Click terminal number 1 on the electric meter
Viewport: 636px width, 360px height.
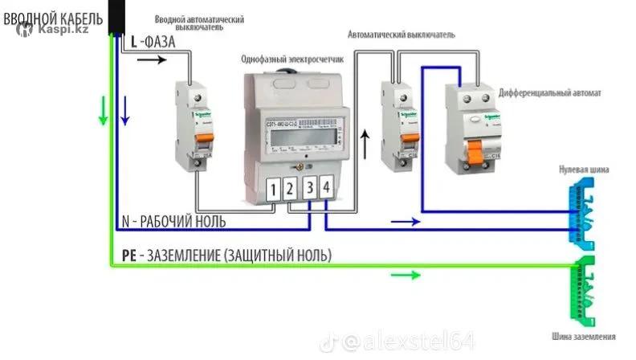pos(274,190)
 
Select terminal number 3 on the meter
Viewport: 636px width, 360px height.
pos(309,189)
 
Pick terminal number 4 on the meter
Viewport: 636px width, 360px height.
pos(325,188)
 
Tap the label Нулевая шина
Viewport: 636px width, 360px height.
pos(586,170)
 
